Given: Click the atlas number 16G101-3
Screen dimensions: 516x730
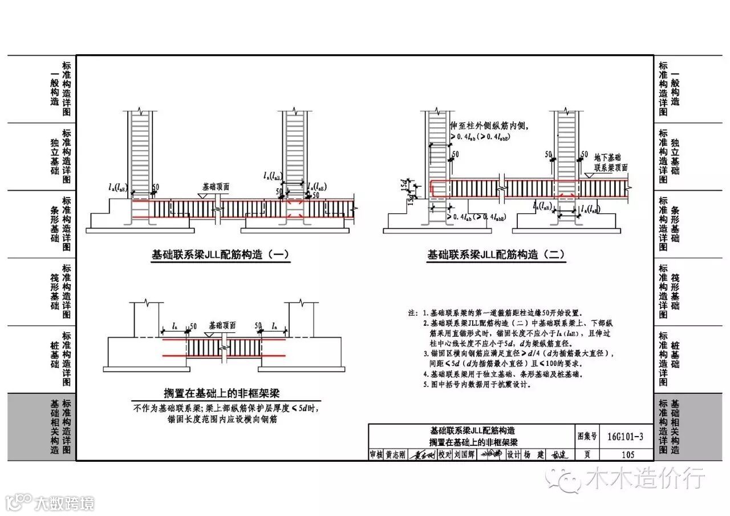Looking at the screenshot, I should pyautogui.click(x=625, y=437).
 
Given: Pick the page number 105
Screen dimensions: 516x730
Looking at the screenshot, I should pyautogui.click(x=627, y=455).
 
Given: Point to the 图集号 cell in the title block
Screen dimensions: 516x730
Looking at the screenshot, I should pyautogui.click(x=587, y=437).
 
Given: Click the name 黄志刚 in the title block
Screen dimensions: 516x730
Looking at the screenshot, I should pyautogui.click(x=395, y=455).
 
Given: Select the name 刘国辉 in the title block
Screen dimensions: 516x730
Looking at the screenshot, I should pyautogui.click(x=464, y=455).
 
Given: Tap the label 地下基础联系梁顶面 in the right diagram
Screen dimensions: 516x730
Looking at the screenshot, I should pyautogui.click(x=610, y=162).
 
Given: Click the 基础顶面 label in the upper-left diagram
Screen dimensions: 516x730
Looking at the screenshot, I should pyautogui.click(x=216, y=187).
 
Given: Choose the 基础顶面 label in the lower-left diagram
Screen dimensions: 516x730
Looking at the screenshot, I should pyautogui.click(x=222, y=325).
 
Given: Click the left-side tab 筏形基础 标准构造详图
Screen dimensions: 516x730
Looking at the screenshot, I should pyautogui.click(x=60, y=291).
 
